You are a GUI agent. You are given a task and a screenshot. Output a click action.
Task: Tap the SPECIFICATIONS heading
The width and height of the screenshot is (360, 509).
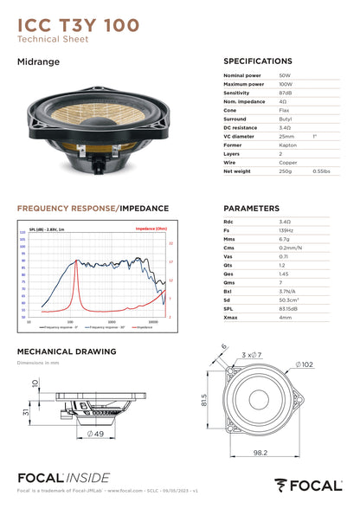[x=258, y=62]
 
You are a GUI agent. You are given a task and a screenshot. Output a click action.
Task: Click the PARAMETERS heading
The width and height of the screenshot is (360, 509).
[x=251, y=209]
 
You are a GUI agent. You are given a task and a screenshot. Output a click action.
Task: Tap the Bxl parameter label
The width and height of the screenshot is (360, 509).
[x=228, y=291]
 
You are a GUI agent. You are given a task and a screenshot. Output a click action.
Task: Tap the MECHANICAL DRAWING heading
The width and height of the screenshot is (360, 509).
[x=67, y=351]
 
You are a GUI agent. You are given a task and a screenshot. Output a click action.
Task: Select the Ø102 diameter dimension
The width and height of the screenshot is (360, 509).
[x=305, y=364]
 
